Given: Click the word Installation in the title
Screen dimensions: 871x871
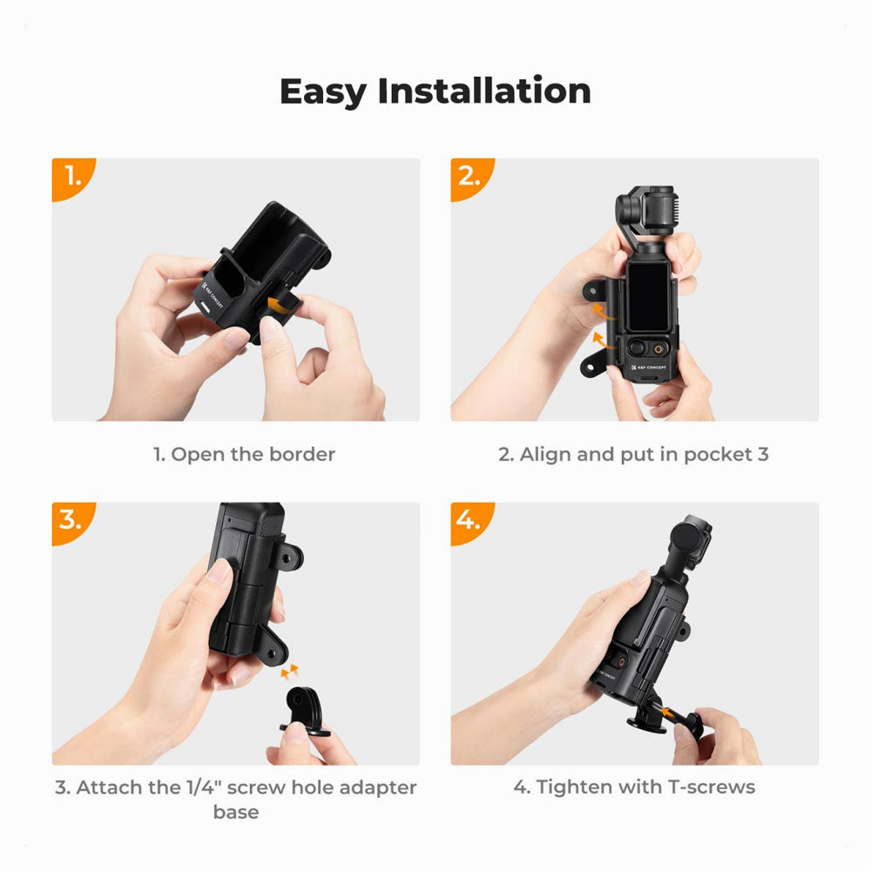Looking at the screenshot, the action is click(x=483, y=91).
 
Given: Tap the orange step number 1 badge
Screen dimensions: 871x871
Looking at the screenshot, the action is click(x=72, y=178).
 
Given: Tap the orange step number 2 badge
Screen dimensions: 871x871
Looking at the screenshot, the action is click(x=470, y=178).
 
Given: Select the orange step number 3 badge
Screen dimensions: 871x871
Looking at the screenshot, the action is click(x=72, y=522).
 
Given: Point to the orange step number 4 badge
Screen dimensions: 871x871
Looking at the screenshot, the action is click(x=470, y=522).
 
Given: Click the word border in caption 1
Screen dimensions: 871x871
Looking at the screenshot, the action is click(x=302, y=455).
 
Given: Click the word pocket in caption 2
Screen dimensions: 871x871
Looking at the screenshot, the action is click(x=718, y=455).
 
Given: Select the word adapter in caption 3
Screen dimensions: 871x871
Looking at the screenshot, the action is click(x=377, y=788).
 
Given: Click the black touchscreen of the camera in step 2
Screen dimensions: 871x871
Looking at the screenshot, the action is click(x=648, y=296).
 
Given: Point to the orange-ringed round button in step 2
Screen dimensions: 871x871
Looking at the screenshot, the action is click(x=659, y=349).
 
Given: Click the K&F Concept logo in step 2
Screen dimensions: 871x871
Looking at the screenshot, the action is click(x=649, y=368).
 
